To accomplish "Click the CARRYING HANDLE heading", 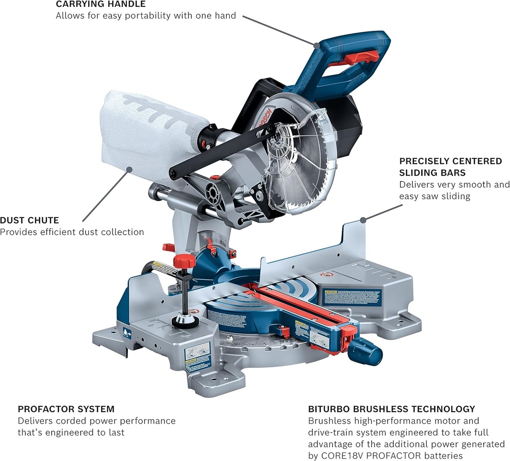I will [101, 4].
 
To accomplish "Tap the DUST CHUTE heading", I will [29, 220].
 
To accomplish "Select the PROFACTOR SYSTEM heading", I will [66, 409].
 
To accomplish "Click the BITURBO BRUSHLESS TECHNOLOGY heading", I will [391, 409].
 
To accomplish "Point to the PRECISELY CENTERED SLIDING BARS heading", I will [450, 167].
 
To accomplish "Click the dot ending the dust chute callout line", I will [129, 170].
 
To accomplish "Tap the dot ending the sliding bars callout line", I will [364, 219].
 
